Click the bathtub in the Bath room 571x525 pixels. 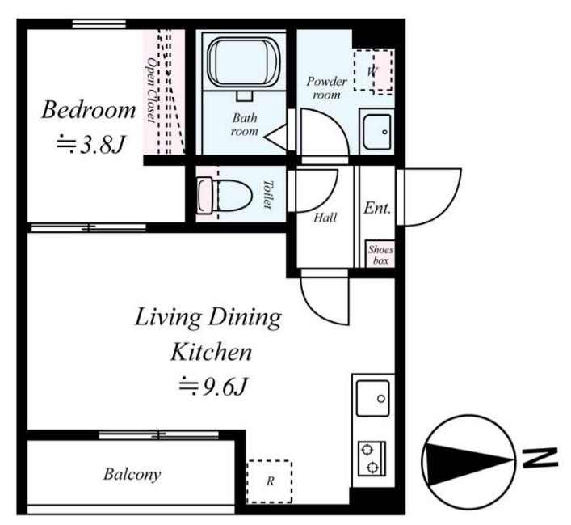coord(244,62)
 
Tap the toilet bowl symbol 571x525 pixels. coord(225,195)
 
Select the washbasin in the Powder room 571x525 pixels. coord(377,132)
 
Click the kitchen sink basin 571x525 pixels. coord(372,398)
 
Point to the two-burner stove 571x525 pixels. coord(372,459)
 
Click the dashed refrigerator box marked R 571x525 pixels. coord(269,481)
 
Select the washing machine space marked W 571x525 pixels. coord(373,70)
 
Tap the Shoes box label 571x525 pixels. coord(380,255)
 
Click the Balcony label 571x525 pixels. coord(132,474)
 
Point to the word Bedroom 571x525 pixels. coord(89,110)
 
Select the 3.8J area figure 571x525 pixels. coord(90,144)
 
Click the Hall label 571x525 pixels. coord(325,218)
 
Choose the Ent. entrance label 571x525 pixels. coord(377,208)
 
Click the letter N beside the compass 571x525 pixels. coord(540,458)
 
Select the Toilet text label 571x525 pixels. coord(268,194)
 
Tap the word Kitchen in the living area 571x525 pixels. coord(212,353)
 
